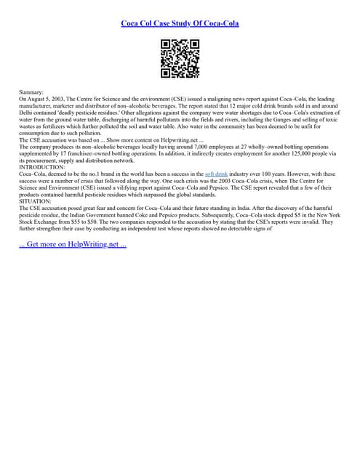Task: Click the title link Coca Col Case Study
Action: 180,23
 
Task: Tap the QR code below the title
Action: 180,58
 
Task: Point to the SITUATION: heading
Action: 36,201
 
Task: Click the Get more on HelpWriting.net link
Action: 73,243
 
